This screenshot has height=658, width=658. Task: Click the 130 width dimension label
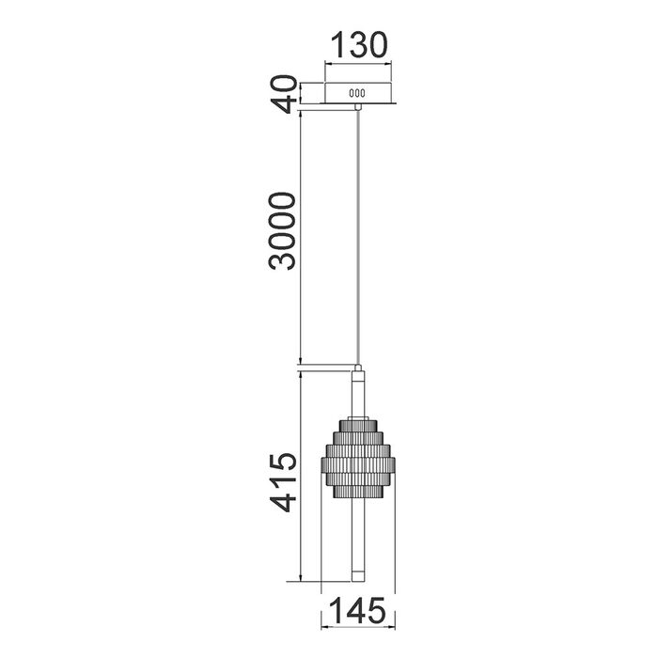pos(359,45)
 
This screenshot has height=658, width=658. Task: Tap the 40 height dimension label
pos(283,94)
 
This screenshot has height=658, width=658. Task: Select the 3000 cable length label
pos(282,231)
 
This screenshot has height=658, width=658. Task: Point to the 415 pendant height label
pos(283,482)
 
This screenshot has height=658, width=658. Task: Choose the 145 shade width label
pos(357,610)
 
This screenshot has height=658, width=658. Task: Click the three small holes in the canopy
pos(357,93)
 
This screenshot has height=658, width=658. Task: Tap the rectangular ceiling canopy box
pos(358,93)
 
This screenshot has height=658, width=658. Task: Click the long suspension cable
pos(357,237)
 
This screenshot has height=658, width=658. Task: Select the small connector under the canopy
pos(357,106)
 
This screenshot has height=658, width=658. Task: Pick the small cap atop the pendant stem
pos(357,368)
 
